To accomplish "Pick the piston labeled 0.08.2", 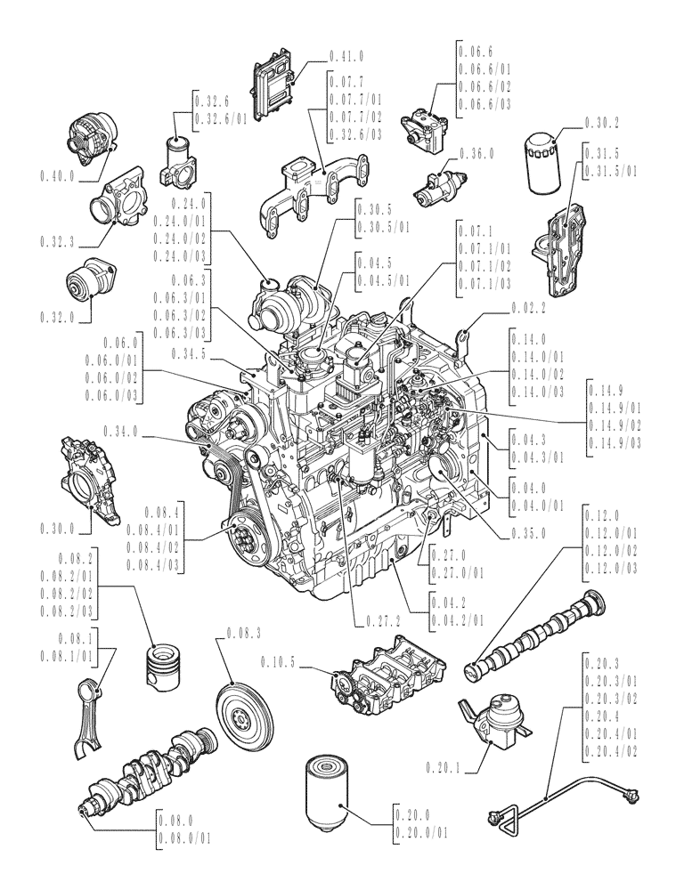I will click(x=163, y=662).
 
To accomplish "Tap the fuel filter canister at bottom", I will click(x=330, y=795).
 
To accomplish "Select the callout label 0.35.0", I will click(x=529, y=534).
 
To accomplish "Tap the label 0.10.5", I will click(x=279, y=661).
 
